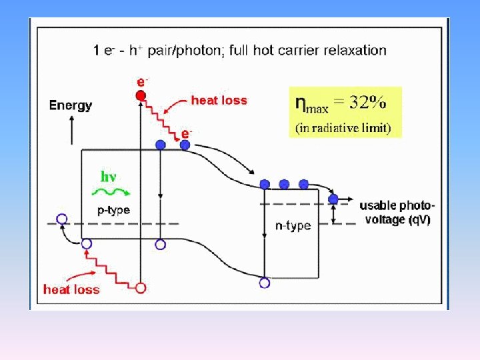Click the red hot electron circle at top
[141, 95]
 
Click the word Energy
[71, 105]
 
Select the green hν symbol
[109, 177]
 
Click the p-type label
[109, 210]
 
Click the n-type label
[293, 226]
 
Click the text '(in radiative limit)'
[343, 128]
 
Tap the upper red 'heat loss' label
[219, 101]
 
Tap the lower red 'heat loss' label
[71, 289]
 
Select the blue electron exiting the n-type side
[333, 199]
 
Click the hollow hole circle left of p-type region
[62, 219]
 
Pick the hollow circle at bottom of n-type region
[265, 283]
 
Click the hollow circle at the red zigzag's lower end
[141, 288]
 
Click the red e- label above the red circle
[142, 81]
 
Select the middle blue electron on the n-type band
[284, 184]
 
